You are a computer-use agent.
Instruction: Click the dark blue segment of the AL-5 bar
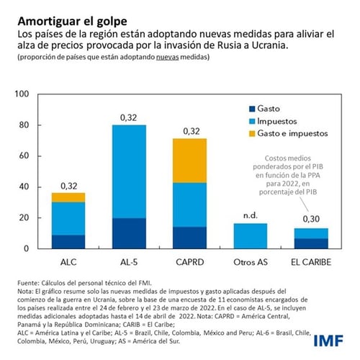[x=129, y=233]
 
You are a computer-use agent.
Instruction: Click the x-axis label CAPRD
[x=191, y=261]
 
